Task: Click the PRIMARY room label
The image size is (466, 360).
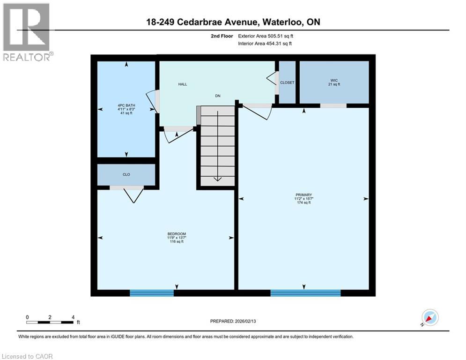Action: tap(303, 195)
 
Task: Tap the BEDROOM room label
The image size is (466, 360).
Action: tap(177, 234)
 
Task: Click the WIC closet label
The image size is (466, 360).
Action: tap(333, 80)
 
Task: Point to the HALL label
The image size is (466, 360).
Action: tap(182, 84)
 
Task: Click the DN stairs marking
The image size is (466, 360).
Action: tap(218, 96)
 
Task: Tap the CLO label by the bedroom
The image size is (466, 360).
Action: tap(126, 174)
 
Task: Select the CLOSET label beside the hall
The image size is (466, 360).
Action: tap(287, 82)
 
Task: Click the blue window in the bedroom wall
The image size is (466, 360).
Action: tap(152, 293)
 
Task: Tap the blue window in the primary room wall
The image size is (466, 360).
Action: tap(305, 293)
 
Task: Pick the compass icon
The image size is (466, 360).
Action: tap(429, 318)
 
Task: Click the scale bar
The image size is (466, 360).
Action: tap(50, 322)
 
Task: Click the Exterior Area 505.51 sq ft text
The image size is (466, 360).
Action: tap(266, 36)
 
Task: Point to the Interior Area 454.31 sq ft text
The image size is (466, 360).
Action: tap(265, 44)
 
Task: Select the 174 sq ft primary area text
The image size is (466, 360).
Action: tap(303, 202)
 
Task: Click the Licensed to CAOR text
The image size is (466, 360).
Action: tap(28, 356)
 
